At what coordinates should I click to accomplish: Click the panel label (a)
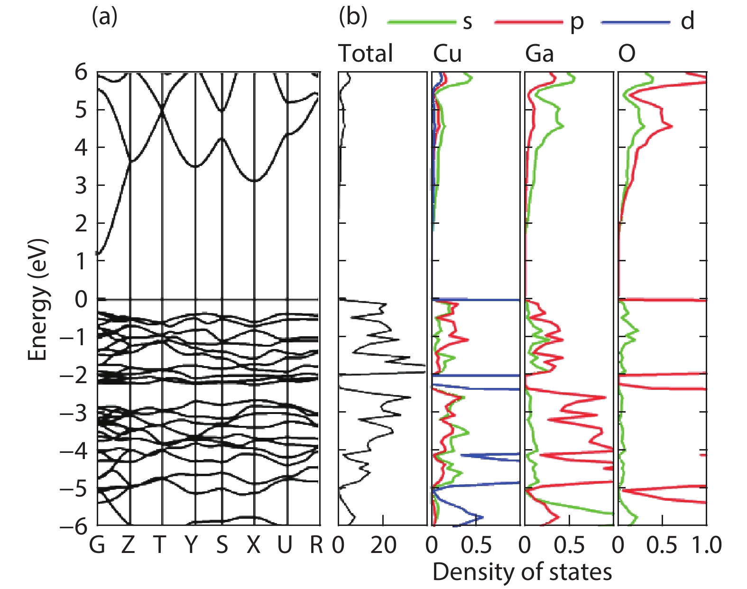point(104,18)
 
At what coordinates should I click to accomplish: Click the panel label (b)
point(353,18)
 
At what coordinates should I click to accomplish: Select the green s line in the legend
point(421,22)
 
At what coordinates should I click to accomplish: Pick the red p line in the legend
point(528,22)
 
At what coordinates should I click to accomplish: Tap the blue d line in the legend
point(635,22)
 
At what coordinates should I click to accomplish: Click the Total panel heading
point(366,53)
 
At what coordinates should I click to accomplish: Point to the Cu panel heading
point(447,53)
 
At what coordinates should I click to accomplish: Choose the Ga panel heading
point(539,53)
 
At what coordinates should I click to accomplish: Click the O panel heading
point(627,53)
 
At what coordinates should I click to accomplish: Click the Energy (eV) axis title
point(38,300)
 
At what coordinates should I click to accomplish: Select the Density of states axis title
point(522,572)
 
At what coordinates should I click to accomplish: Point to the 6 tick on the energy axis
point(81,73)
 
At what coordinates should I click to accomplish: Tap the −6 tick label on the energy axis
point(74,526)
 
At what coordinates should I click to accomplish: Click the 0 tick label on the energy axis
point(81,299)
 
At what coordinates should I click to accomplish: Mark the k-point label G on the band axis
point(97,545)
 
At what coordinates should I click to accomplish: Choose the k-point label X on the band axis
point(254,545)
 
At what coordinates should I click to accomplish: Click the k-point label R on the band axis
point(316,545)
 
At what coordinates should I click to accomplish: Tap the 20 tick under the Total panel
point(383,545)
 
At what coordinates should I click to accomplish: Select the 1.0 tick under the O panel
point(706,545)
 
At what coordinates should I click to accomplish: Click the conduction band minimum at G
point(98,254)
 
